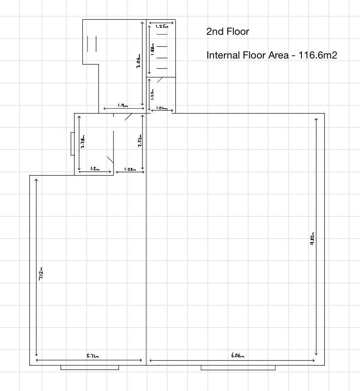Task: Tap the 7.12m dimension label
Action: point(41,274)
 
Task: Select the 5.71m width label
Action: point(93,356)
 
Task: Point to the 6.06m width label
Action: point(238,356)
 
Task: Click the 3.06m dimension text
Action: point(138,61)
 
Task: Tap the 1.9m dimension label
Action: point(123,106)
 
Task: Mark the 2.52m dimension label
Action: point(140,141)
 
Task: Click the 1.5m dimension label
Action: point(95,169)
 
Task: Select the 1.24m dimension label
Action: point(162,108)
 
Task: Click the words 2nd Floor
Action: point(227,32)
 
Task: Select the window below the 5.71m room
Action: point(89,368)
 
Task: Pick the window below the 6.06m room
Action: point(238,368)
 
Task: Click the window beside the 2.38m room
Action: point(72,144)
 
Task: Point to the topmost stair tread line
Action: point(162,35)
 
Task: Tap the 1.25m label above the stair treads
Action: point(161,26)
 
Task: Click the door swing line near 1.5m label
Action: point(110,160)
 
